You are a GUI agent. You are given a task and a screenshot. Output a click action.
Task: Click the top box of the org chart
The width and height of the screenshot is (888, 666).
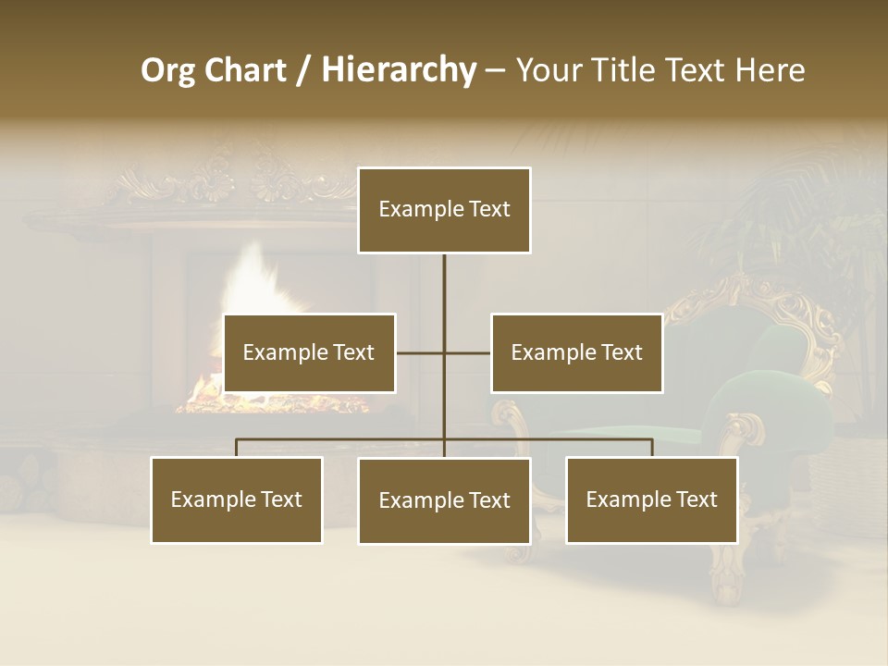coord(444,210)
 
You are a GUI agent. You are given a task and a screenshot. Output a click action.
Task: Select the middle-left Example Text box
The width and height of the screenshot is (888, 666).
coord(309,352)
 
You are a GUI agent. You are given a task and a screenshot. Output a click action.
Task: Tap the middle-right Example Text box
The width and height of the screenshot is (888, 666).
coord(576,352)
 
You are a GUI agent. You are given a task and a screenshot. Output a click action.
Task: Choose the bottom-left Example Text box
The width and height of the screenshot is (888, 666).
coord(236,499)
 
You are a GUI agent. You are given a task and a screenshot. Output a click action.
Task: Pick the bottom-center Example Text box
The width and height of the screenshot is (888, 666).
coord(444,500)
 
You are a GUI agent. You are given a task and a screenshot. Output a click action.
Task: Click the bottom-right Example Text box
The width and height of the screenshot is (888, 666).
coord(651,499)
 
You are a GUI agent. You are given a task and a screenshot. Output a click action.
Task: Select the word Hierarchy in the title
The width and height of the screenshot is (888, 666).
coord(398,71)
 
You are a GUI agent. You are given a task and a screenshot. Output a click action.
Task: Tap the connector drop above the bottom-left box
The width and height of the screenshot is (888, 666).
coord(236,448)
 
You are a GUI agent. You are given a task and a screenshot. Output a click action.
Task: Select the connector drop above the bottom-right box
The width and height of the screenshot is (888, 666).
coord(651,448)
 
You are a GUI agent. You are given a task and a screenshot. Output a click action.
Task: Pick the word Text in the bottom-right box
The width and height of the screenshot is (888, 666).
coord(696,499)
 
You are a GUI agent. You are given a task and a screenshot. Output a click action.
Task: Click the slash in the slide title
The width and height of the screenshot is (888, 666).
coord(303,71)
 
